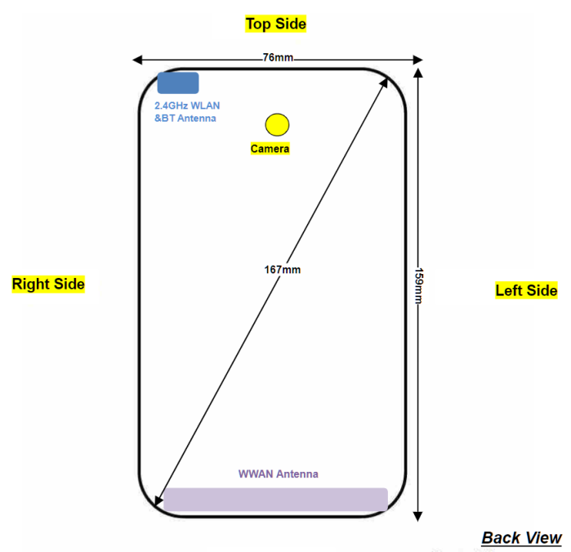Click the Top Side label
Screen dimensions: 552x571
pos(276,24)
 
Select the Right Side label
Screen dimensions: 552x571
pos(48,284)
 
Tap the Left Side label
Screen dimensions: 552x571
pos(526,289)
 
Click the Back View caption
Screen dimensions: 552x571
pos(521,537)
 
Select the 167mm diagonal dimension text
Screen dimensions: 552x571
pos(275,269)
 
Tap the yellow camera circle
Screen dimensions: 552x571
pos(277,124)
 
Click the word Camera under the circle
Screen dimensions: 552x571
pos(270,149)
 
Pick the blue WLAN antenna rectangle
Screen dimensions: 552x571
pos(178,83)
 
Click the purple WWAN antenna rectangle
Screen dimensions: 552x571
pos(275,499)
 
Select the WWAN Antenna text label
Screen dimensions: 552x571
pos(278,473)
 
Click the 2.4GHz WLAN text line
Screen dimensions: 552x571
pos(187,105)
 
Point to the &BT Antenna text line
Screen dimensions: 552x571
pos(185,119)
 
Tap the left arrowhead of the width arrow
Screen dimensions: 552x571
pos(136,60)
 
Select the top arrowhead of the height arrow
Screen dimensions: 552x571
pos(418,73)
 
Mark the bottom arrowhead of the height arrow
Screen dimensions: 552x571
pos(418,515)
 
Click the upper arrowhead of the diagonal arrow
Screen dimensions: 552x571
pos(386,82)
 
